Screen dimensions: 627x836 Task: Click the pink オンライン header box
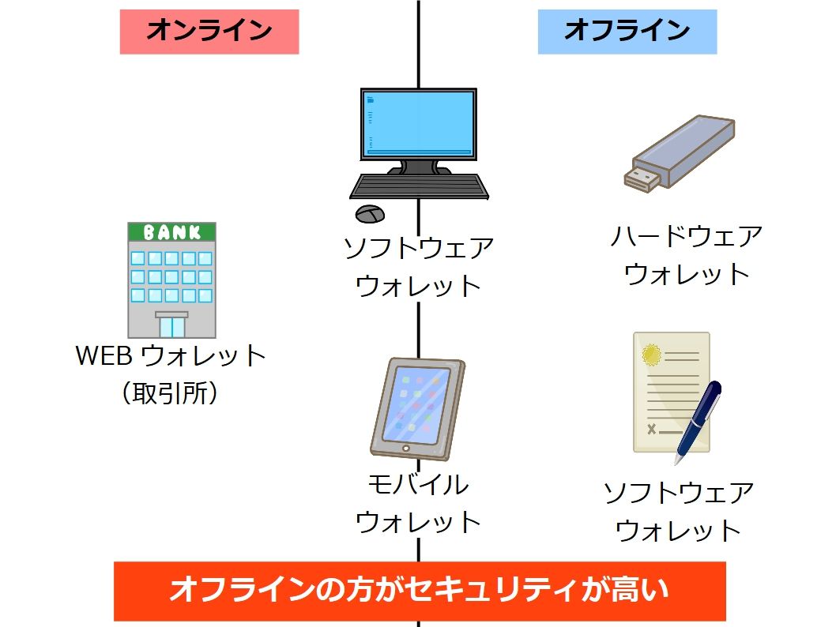[209, 32]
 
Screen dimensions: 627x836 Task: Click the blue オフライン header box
[627, 32]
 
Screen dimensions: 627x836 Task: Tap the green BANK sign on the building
[171, 232]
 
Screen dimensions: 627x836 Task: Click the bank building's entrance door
[171, 325]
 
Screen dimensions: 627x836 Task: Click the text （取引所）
[171, 392]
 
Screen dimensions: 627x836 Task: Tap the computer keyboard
[419, 186]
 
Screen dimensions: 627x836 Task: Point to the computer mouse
[370, 213]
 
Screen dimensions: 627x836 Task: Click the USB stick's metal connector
[642, 178]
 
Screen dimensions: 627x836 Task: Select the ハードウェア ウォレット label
[686, 255]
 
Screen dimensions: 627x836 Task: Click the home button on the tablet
[406, 449]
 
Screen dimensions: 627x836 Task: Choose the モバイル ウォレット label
[418, 503]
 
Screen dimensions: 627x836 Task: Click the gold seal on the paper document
[652, 355]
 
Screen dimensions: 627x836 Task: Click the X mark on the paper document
[652, 429]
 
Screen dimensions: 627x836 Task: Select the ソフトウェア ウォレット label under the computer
[418, 267]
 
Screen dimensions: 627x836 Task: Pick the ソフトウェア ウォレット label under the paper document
[678, 512]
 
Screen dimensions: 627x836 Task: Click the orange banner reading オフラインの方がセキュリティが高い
[420, 591]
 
